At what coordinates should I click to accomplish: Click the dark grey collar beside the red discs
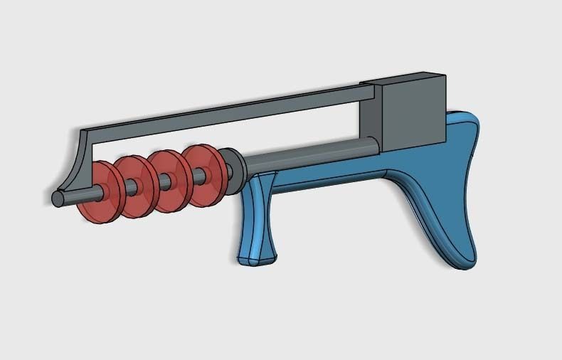pyautogui.click(x=233, y=171)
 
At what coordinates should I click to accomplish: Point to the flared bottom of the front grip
pyautogui.click(x=255, y=256)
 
